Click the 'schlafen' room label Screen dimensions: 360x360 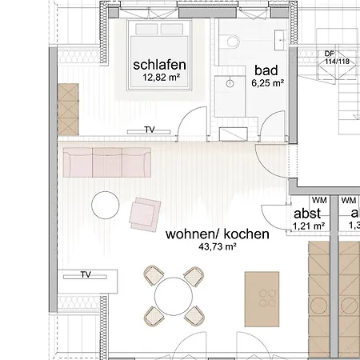coord(160,65)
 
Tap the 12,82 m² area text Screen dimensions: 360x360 coord(160,78)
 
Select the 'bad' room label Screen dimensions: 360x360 coord(266,70)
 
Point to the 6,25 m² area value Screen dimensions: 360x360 coord(268,82)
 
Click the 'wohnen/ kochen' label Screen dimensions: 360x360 coord(217,235)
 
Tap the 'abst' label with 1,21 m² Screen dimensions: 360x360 coord(308,214)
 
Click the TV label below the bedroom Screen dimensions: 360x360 coord(150,130)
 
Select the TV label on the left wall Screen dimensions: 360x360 coord(86,275)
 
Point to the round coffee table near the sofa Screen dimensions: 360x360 coord(106,205)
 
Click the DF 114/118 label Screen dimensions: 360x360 coord(329,58)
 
